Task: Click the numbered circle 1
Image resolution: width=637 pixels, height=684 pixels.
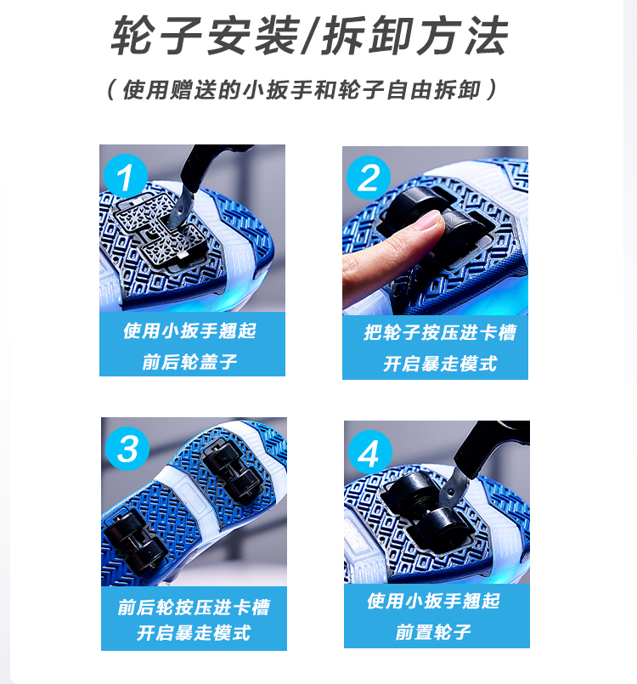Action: (126, 176)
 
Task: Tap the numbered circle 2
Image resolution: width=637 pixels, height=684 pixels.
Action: (369, 178)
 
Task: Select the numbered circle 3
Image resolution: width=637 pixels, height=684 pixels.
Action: (127, 449)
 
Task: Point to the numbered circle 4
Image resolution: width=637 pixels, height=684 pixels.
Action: (369, 452)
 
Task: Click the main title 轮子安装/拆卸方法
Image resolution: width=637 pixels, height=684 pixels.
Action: (310, 36)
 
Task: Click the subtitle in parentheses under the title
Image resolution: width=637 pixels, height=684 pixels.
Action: (302, 90)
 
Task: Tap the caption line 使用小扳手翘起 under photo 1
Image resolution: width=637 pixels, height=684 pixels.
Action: (190, 331)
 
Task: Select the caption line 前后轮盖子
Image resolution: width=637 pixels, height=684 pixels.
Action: (190, 362)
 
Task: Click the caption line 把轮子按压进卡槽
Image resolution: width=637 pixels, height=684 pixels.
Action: (440, 332)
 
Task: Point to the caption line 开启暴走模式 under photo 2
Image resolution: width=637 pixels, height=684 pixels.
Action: (440, 364)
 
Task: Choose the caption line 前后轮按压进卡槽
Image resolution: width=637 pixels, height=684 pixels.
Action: (194, 608)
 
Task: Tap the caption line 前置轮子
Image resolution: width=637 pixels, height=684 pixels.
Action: (433, 631)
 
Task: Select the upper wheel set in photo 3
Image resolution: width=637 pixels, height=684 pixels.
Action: (234, 472)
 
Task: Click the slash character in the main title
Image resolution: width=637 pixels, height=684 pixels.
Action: (311, 36)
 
